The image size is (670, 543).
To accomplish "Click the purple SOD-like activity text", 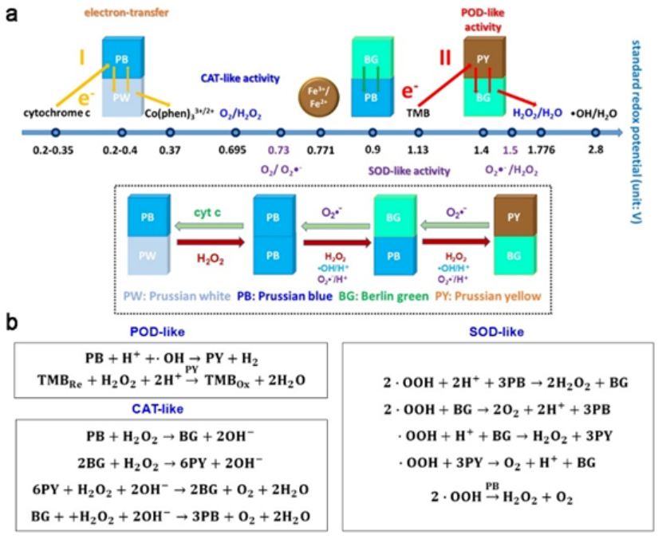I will (408, 169).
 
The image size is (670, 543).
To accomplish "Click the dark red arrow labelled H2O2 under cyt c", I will (206, 238).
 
